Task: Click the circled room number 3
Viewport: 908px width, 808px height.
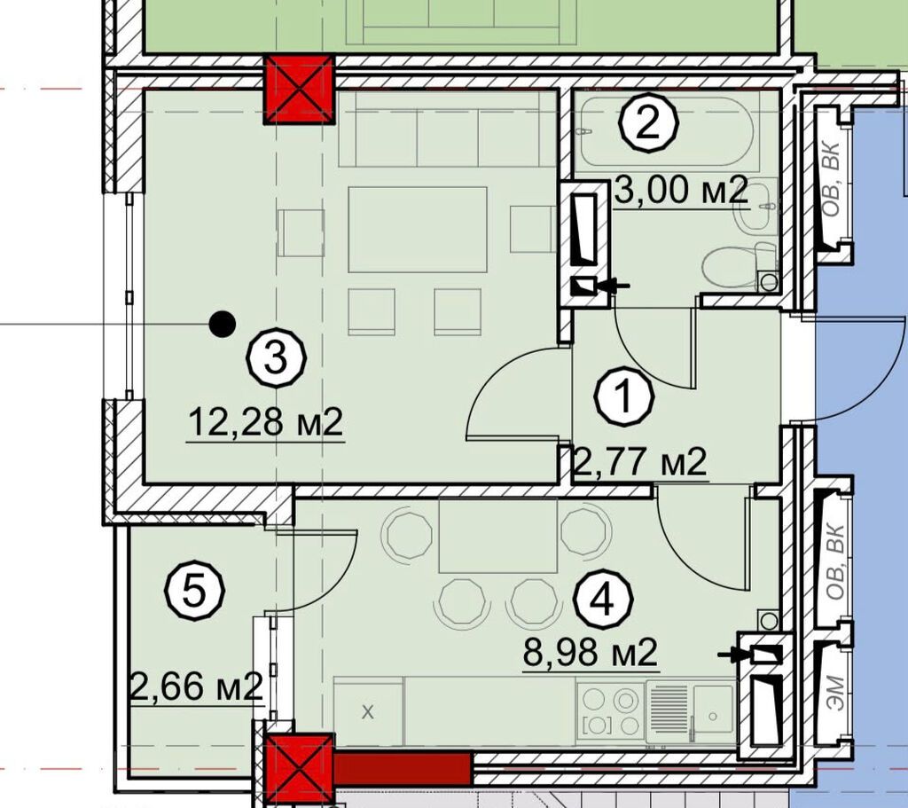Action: click(x=277, y=358)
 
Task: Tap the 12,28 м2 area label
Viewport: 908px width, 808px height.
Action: click(x=266, y=421)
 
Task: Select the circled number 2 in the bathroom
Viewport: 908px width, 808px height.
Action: click(x=648, y=124)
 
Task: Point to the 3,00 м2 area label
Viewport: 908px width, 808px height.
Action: click(x=681, y=190)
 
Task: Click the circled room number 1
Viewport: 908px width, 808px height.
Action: click(x=625, y=397)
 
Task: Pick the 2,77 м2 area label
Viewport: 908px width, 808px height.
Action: click(x=639, y=461)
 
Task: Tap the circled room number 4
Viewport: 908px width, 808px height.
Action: click(x=603, y=600)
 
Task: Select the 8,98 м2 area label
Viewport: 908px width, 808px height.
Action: click(x=590, y=652)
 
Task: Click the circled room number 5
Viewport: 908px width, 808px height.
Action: click(x=194, y=591)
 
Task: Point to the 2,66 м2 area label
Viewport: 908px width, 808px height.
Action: click(x=197, y=687)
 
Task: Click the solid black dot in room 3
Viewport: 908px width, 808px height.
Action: click(x=223, y=324)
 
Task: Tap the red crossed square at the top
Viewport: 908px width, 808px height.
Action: click(x=300, y=90)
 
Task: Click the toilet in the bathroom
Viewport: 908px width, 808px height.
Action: click(x=740, y=266)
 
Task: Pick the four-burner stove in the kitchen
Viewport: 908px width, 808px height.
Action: click(x=610, y=712)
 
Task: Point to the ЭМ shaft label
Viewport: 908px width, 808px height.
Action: click(x=835, y=694)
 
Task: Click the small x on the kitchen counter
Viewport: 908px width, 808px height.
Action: click(x=368, y=712)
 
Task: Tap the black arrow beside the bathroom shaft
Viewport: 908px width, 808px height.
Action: click(x=614, y=285)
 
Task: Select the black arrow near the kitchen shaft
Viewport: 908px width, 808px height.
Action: click(x=733, y=655)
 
